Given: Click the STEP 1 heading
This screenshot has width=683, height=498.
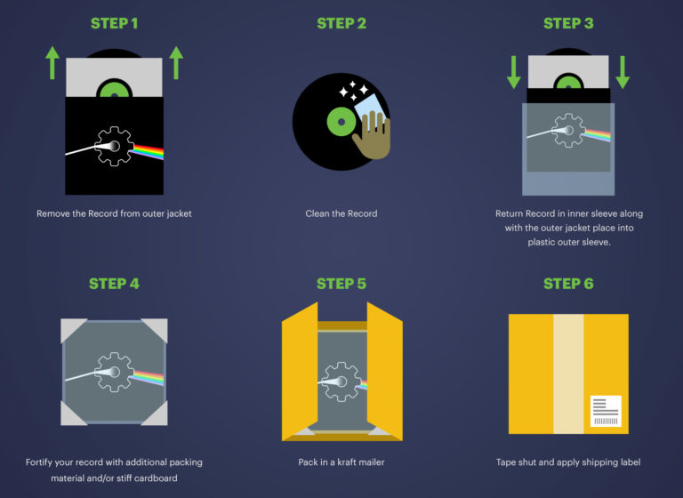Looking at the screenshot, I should [114, 23].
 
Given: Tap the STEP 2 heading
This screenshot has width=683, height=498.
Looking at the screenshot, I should [341, 23].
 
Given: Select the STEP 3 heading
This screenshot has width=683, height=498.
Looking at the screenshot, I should [568, 23].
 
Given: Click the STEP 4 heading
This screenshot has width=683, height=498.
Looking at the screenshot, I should [114, 284].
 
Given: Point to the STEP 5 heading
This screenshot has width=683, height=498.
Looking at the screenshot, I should [341, 284].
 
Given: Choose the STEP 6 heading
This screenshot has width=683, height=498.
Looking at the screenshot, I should [568, 284].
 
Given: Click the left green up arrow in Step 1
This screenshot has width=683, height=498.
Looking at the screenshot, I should [52, 64].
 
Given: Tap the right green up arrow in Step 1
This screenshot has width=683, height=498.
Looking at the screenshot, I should [176, 64].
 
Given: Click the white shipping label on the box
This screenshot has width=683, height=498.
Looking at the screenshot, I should [605, 411].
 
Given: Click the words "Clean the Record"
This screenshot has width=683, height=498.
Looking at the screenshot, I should [341, 213].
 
